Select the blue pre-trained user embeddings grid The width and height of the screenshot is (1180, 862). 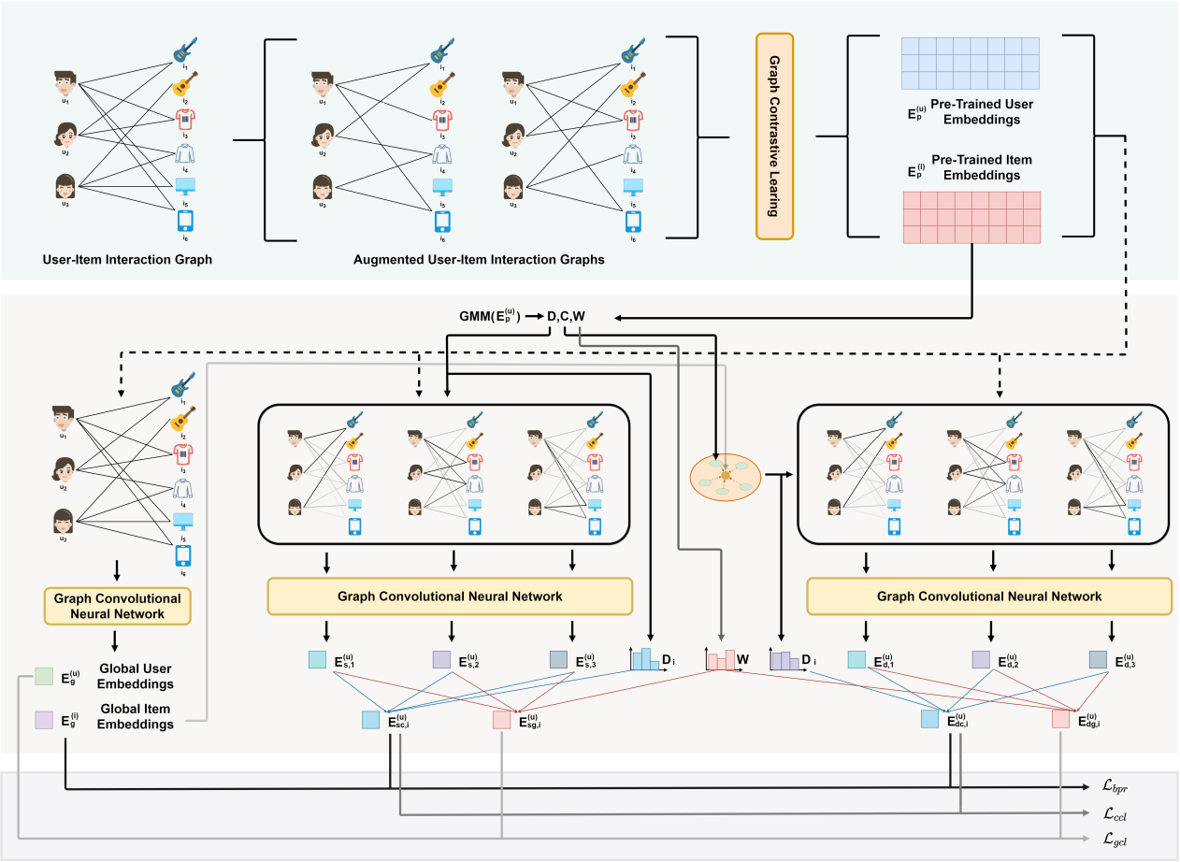tap(970, 61)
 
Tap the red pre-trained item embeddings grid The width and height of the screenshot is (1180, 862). tap(971, 217)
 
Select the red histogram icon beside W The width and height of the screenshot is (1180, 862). tap(720, 659)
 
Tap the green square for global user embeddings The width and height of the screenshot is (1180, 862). tap(44, 676)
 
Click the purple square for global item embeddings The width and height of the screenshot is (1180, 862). tap(44, 720)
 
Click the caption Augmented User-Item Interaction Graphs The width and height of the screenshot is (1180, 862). tap(479, 259)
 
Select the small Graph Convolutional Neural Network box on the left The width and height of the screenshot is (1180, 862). tap(118, 606)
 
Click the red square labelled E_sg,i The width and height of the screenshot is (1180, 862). tap(502, 719)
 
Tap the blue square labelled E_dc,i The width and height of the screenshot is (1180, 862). tap(930, 719)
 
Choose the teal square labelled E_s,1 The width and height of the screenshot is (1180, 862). tap(318, 660)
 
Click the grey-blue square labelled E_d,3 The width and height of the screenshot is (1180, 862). tap(1098, 660)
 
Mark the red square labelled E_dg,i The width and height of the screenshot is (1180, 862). tap(1060, 719)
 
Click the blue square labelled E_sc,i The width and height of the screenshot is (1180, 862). tap(371, 719)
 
